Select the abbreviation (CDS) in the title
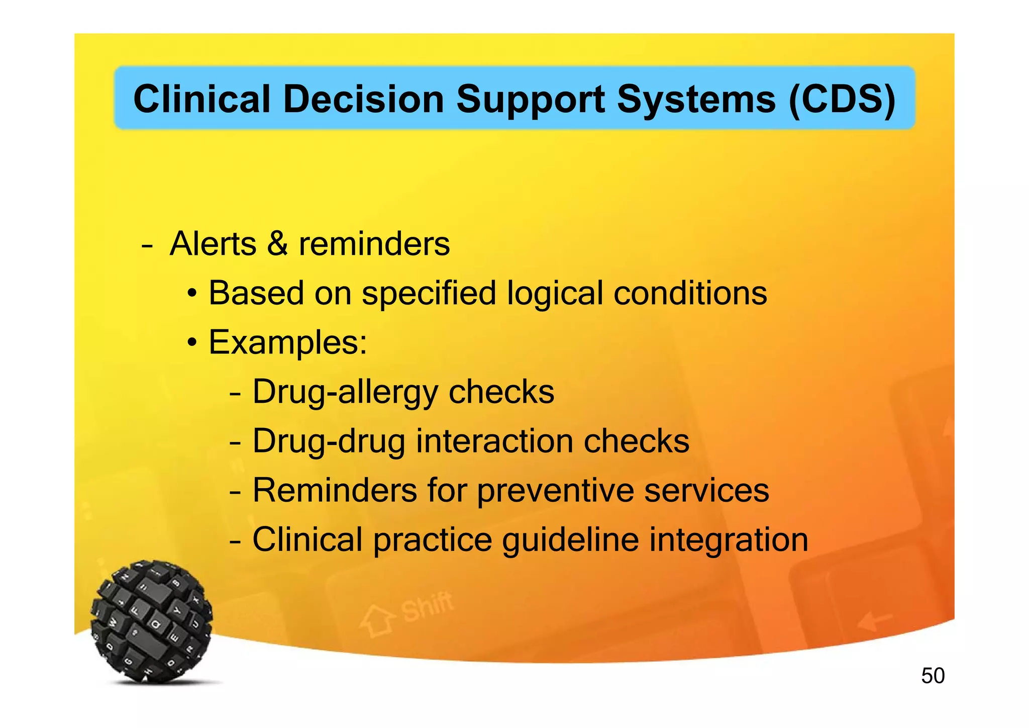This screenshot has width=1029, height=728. point(842,99)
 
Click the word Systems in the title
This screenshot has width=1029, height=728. point(696,100)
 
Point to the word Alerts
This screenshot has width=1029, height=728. point(213,244)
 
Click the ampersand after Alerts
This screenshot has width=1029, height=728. point(277,244)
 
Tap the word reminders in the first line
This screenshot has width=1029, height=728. point(374,244)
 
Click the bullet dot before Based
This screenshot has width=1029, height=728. point(192,294)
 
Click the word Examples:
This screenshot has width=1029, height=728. point(288,342)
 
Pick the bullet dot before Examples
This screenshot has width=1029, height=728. point(192,343)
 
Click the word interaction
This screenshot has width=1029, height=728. point(494,441)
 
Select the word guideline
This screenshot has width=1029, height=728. point(571,540)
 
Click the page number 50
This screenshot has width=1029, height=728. point(933,676)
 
